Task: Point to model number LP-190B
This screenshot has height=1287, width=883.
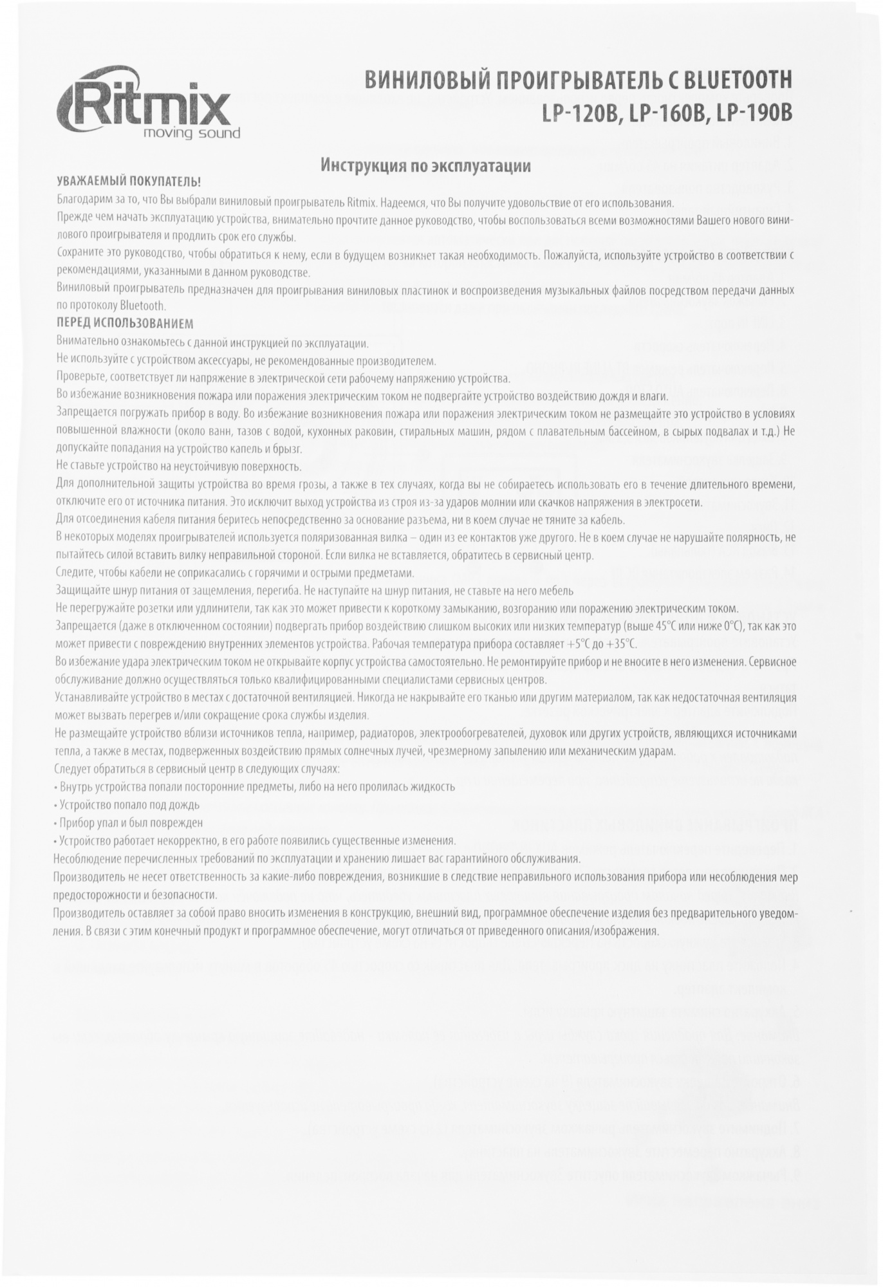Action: (x=752, y=113)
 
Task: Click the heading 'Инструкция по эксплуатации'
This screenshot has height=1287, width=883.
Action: (x=425, y=166)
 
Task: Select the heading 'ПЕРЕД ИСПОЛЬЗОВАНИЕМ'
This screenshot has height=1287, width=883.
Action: (x=124, y=324)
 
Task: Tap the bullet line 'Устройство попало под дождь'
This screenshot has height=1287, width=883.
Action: (x=129, y=804)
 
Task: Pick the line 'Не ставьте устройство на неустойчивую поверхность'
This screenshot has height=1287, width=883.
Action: (x=178, y=467)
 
